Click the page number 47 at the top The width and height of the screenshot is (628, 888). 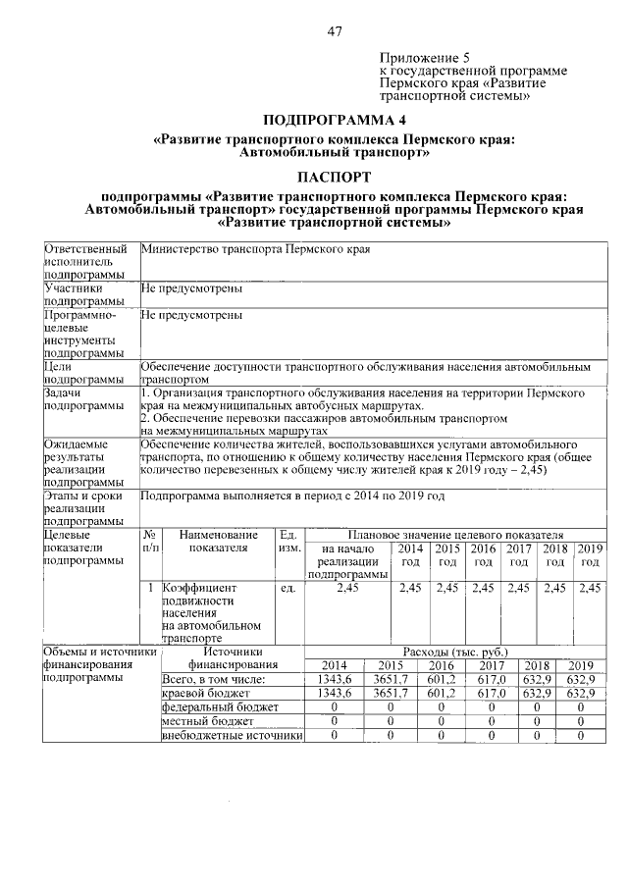[334, 31]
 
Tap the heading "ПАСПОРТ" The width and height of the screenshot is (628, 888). [334, 178]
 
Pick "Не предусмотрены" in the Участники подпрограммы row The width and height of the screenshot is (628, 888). [191, 289]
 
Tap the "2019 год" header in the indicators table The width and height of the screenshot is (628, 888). [590, 555]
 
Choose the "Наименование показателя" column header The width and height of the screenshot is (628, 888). [217, 541]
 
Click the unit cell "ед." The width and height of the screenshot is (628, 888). [288, 588]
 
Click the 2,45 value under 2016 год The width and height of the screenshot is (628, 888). [483, 588]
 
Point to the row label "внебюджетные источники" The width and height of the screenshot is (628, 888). [231, 735]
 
